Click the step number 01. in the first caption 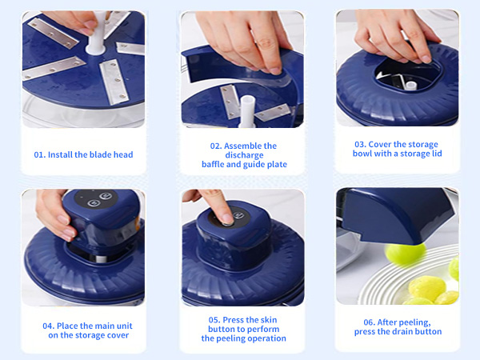click(39, 154)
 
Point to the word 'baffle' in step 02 click(215, 165)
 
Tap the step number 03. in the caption click(361, 144)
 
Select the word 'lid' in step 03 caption click(436, 154)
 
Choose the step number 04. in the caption click(49, 326)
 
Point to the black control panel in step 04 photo click(94, 202)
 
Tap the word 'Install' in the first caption click(63, 154)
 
